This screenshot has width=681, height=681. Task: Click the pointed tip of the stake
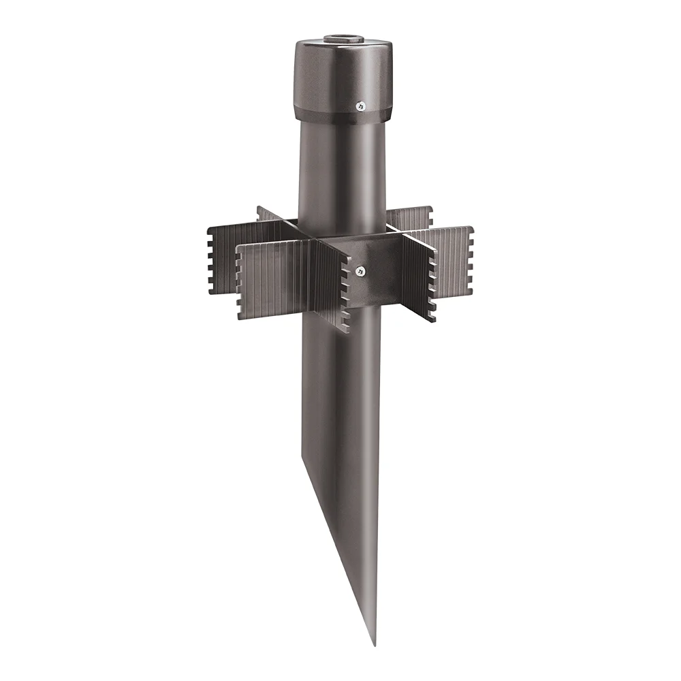373,642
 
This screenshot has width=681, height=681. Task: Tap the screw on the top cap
361,106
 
